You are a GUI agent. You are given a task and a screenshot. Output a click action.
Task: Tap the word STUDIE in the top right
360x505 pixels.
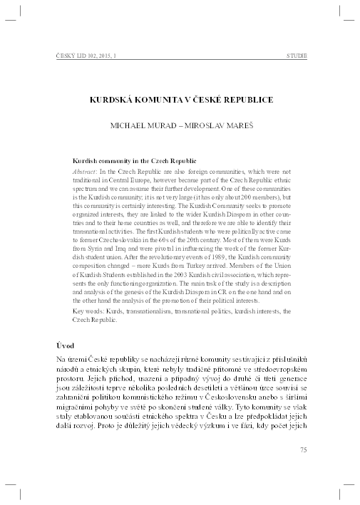coord(296,55)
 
